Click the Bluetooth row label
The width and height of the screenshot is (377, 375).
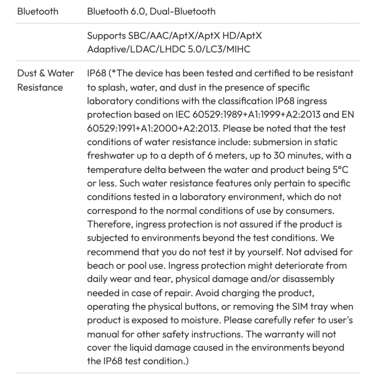pyautogui.click(x=38, y=11)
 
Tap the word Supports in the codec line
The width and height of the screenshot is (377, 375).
pyautogui.click(x=106, y=36)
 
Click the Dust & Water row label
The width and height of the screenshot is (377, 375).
pyautogui.click(x=46, y=74)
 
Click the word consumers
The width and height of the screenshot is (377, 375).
pyautogui.click(x=312, y=211)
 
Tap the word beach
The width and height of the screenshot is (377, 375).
pyautogui.click(x=100, y=266)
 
